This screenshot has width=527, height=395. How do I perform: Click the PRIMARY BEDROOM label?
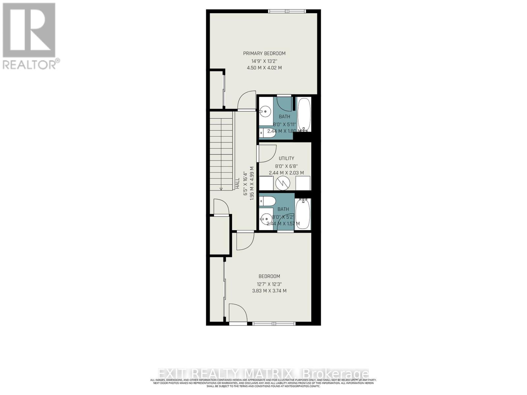[x=264, y=53]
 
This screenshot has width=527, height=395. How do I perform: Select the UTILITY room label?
[x=286, y=158]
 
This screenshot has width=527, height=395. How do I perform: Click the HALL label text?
[x=237, y=183]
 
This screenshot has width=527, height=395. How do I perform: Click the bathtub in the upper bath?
[x=304, y=114]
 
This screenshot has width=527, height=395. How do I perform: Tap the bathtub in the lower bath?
[x=303, y=214]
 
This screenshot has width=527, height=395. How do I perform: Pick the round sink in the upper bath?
[x=265, y=112]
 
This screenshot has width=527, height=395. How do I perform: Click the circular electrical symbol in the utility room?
[x=282, y=183]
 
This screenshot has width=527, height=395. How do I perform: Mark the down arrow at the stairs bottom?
[x=221, y=189]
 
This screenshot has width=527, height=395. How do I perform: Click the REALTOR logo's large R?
[x=29, y=30]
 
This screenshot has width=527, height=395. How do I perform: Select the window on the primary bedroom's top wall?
[x=287, y=12]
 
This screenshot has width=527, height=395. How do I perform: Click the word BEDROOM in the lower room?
[x=269, y=276]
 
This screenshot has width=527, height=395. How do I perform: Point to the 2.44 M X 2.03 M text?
[x=286, y=173]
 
